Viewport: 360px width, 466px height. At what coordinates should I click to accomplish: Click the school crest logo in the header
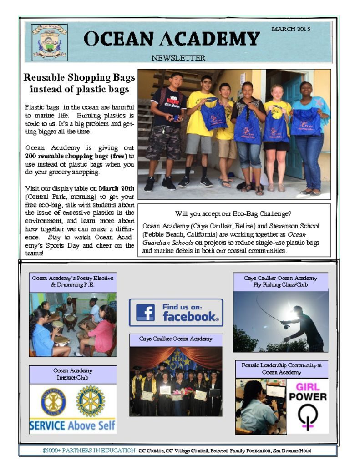point(50,42)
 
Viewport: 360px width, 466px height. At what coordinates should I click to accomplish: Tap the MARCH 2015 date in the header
point(290,30)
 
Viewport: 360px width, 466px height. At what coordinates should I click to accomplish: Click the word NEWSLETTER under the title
point(178,58)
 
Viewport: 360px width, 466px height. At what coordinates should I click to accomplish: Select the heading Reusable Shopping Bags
point(79,77)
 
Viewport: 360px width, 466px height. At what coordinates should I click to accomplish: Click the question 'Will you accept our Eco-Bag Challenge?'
point(233,213)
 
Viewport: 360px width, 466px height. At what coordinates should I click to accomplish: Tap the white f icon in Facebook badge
point(145,313)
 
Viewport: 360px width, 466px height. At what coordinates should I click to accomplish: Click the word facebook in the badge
point(190,316)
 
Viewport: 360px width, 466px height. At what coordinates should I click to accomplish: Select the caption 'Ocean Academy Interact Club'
point(72,374)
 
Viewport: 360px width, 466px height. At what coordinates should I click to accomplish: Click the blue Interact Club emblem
point(53,401)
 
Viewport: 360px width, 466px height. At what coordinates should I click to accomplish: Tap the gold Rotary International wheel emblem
point(91,401)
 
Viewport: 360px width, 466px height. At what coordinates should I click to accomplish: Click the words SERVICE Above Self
point(72,426)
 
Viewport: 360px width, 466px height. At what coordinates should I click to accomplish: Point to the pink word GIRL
point(308,387)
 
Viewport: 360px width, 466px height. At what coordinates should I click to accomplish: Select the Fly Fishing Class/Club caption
point(280,281)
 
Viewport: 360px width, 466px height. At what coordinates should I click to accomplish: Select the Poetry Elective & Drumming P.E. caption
point(73,281)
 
